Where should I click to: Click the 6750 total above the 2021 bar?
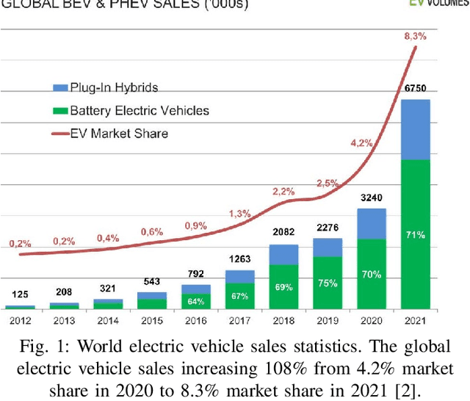pyautogui.click(x=415, y=88)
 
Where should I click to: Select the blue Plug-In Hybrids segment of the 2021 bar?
pyautogui.click(x=415, y=129)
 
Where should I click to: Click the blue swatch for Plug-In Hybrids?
pyautogui.click(x=60, y=87)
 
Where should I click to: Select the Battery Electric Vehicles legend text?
pyautogui.click(x=139, y=111)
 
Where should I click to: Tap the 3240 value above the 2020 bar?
pyautogui.click(x=372, y=198)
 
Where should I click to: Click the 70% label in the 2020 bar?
pyautogui.click(x=372, y=275)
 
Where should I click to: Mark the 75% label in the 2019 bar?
pyautogui.click(x=328, y=283)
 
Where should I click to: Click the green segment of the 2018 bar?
pyautogui.click(x=283, y=286)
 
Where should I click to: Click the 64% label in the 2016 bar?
pyautogui.click(x=195, y=300)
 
